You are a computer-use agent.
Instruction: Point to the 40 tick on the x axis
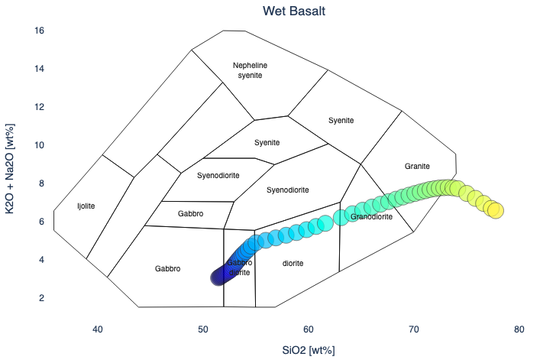coord(98,329)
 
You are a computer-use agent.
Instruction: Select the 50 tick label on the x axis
coord(203,329)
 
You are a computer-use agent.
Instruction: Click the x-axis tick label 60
coord(309,329)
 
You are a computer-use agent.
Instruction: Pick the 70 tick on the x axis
coord(414,329)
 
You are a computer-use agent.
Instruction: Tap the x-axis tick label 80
coord(519,329)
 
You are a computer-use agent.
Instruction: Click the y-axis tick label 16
coord(40,31)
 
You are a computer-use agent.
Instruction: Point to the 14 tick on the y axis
coord(40,69)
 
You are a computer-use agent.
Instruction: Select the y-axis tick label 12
coord(40,107)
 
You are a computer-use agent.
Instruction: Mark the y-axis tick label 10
coord(40,145)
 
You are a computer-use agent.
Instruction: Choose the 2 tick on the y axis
coord(43,298)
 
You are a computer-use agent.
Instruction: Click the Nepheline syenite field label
coord(252,70)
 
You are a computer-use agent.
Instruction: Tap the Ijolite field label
coord(86,206)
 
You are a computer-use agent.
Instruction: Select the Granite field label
coord(418,166)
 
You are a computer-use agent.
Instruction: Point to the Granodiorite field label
coord(371,217)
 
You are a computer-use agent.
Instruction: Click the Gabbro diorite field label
coord(239,268)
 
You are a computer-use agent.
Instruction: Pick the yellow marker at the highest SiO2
coord(495,210)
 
